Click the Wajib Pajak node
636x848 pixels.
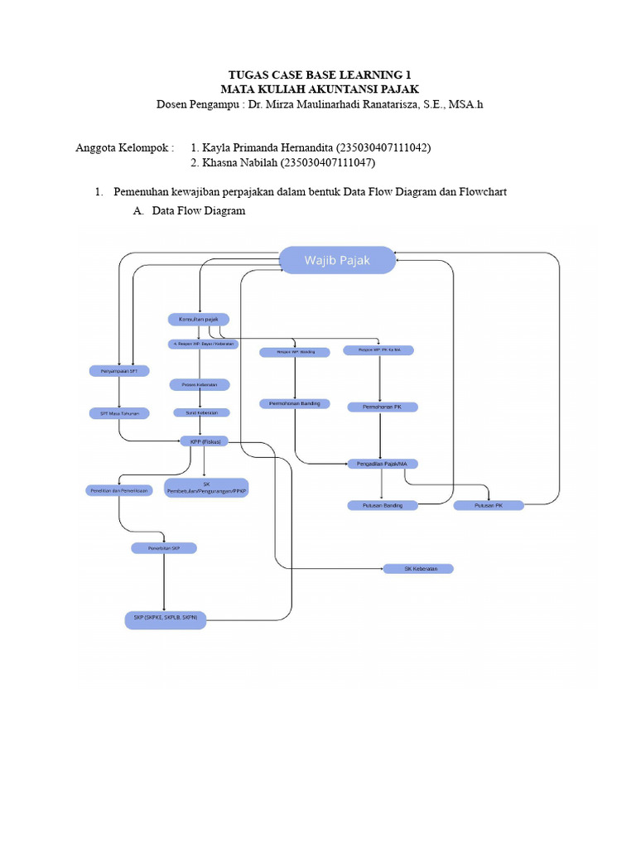point(337,261)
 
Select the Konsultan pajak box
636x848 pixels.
point(199,319)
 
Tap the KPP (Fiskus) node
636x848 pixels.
point(204,441)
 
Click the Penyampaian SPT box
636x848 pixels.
point(119,371)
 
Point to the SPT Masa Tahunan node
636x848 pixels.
point(119,412)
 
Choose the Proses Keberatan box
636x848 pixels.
point(200,384)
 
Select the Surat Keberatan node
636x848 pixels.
point(201,412)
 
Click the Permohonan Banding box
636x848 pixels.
point(295,403)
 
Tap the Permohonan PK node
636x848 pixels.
point(383,407)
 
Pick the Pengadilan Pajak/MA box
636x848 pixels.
point(380,464)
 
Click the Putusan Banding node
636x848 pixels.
point(376,504)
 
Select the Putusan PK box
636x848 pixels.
point(489,504)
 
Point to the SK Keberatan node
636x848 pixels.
point(417,569)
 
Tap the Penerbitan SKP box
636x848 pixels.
point(164,547)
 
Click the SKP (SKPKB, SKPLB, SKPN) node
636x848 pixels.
point(165,618)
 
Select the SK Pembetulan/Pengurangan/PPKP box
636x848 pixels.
point(206,487)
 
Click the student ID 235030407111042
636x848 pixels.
point(383,147)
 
